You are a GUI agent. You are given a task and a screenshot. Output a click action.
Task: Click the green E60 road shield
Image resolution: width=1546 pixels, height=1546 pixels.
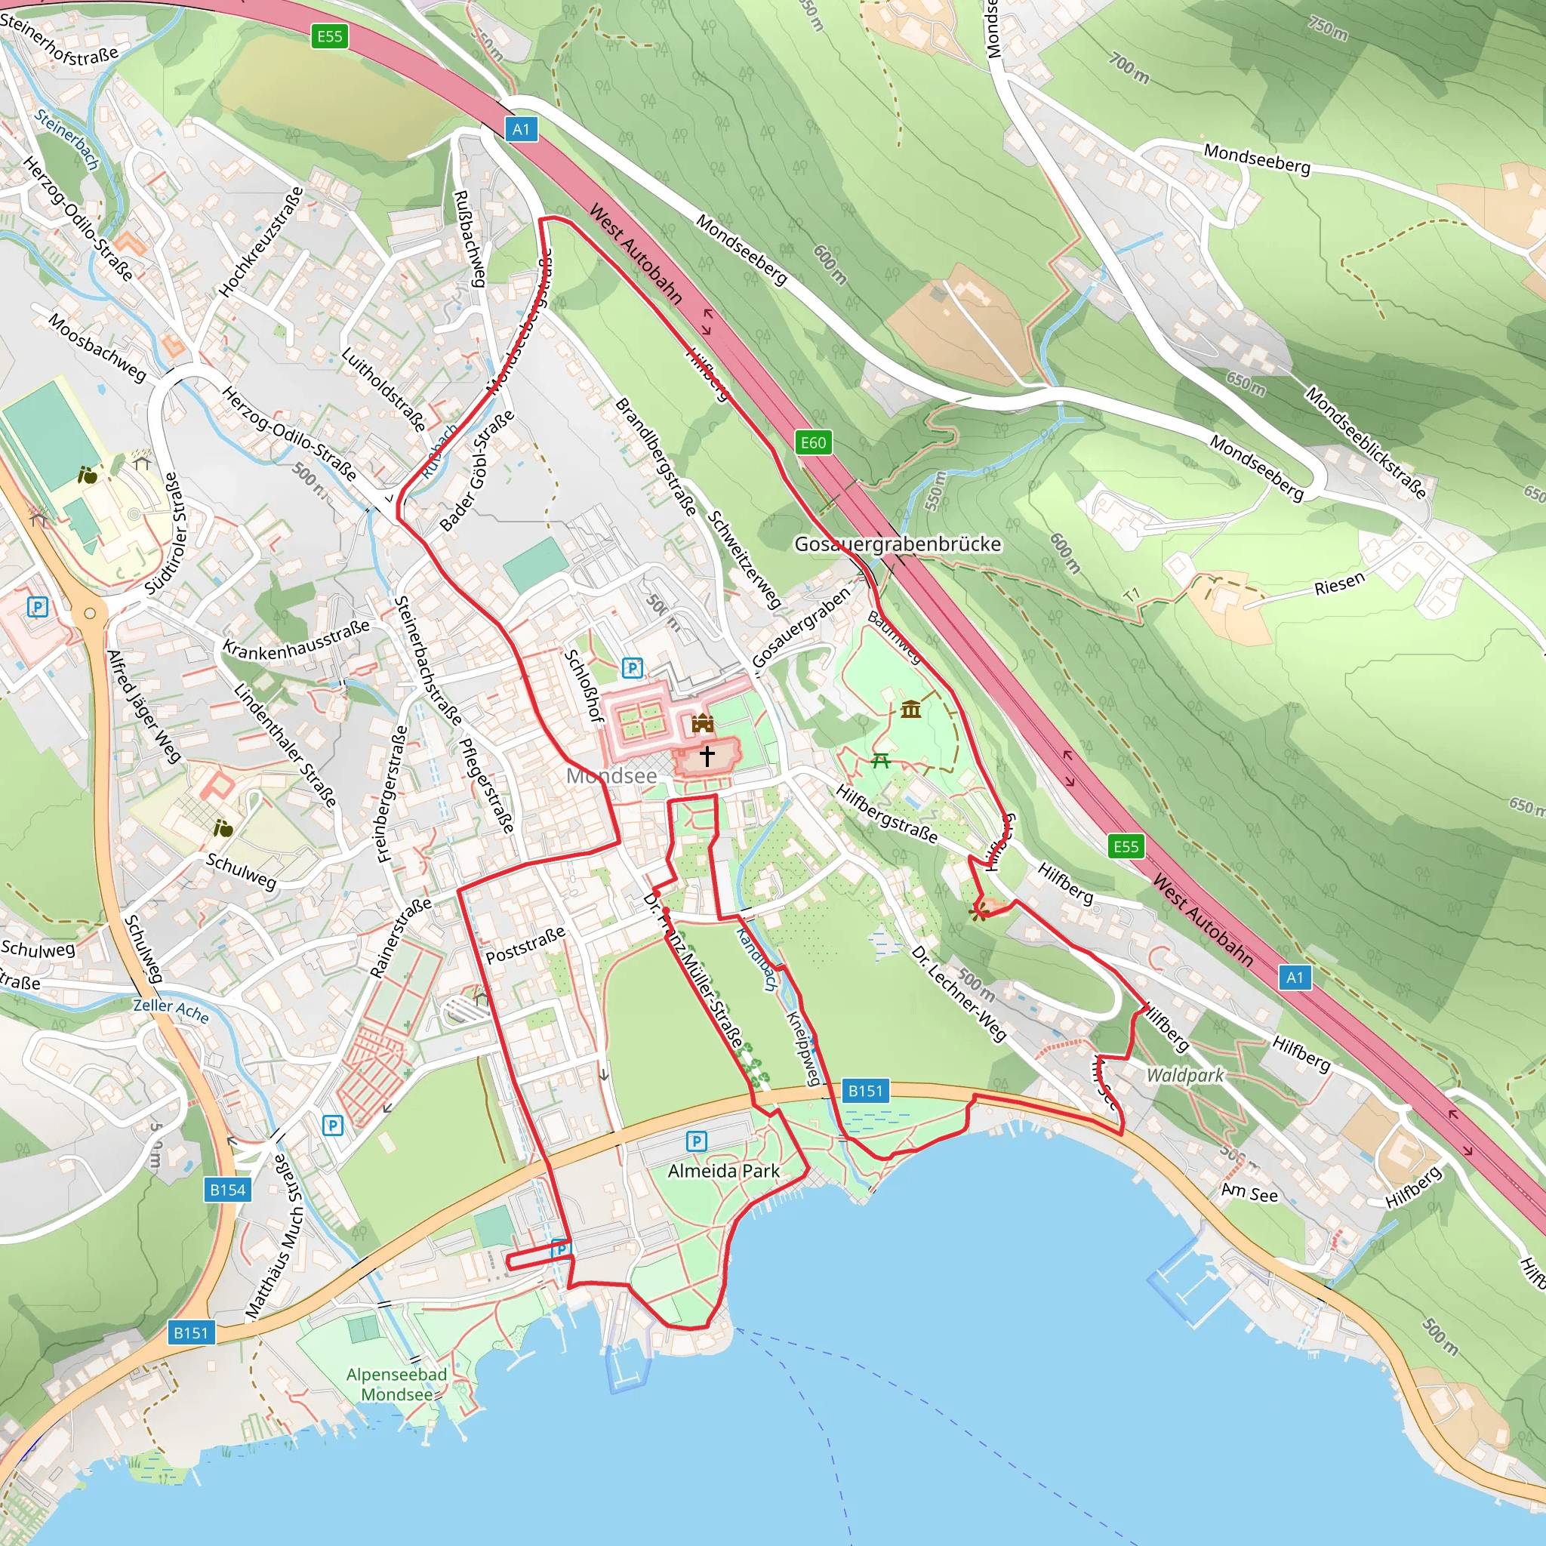point(813,442)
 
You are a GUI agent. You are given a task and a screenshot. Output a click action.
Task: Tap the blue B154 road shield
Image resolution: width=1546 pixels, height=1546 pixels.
point(227,1190)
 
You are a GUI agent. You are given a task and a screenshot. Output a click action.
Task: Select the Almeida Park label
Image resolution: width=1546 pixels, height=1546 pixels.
point(723,1172)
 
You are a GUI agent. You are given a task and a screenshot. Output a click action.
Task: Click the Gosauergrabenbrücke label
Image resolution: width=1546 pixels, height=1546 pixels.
point(897,544)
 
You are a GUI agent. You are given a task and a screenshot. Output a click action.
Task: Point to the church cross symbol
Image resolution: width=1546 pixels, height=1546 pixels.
point(707,756)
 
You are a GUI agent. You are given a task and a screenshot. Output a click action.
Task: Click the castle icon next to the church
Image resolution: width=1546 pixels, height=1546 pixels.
point(703,723)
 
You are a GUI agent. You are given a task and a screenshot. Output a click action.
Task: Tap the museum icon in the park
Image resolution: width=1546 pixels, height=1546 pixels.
point(910,709)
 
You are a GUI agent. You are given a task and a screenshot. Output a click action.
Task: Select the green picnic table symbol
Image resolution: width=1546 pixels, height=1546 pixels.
point(881,760)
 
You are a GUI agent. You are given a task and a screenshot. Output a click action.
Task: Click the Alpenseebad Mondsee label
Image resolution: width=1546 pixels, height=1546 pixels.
point(396,1384)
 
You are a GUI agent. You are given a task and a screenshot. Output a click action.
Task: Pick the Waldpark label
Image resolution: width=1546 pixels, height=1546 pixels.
point(1185,1076)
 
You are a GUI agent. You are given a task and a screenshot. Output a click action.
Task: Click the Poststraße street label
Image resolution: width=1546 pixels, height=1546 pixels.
point(525,944)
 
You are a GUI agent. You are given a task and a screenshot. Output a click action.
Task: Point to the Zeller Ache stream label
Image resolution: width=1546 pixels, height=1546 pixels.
point(171,1010)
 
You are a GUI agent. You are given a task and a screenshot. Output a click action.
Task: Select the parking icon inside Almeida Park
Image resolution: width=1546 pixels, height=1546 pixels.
point(696,1141)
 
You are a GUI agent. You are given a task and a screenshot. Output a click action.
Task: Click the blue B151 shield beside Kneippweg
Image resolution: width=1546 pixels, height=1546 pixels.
point(865,1091)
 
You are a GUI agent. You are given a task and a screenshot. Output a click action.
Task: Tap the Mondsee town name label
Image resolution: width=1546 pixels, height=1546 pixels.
point(611,775)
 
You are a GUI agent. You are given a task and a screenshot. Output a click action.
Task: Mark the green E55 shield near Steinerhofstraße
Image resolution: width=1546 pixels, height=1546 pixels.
point(330,36)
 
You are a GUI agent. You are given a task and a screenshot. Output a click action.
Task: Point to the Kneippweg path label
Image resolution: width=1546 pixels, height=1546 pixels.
point(802,1049)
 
